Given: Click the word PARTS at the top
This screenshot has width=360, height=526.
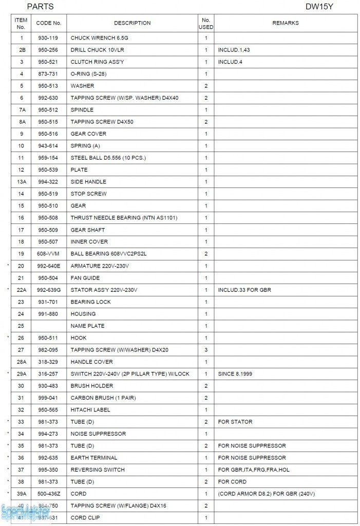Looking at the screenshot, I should click(x=40, y=7).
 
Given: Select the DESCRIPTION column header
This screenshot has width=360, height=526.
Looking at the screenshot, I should click(x=132, y=23).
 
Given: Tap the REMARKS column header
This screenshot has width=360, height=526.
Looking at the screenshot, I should click(x=285, y=23).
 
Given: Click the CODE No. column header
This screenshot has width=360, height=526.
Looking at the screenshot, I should click(x=49, y=23).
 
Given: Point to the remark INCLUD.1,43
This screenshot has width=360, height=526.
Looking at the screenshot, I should click(x=234, y=50).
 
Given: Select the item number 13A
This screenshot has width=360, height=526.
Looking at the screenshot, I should click(x=21, y=182).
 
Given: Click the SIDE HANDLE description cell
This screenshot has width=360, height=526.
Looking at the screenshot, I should click(x=88, y=182).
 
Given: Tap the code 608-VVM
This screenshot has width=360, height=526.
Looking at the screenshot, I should click(x=48, y=254).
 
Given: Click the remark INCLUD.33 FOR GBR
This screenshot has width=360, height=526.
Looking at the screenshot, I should click(x=244, y=290).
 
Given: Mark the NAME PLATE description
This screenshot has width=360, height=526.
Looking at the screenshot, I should click(x=87, y=326).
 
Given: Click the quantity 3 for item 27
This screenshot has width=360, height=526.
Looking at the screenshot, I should click(x=206, y=350).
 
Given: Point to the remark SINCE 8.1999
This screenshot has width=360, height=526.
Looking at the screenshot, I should click(x=236, y=374).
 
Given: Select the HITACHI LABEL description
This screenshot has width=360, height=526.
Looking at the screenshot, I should click(x=90, y=410).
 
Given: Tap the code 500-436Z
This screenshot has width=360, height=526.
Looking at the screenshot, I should click(x=49, y=494).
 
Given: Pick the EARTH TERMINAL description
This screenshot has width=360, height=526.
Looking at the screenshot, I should click(x=94, y=458).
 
